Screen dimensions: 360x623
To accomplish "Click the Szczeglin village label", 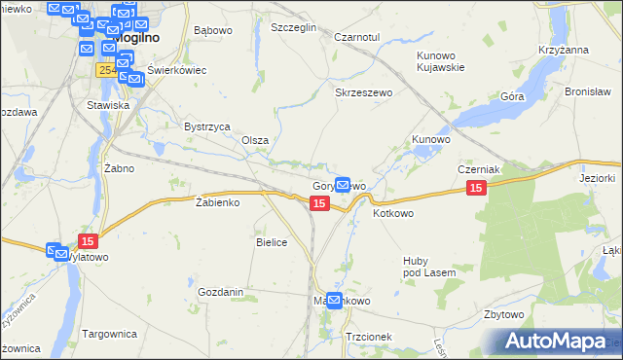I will [x=294, y=28].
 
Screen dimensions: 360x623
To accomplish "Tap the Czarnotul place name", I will [x=355, y=37].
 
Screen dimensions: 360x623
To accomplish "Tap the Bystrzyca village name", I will [x=206, y=126].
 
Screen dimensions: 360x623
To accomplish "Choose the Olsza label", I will [x=255, y=140].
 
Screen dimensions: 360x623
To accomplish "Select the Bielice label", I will [x=272, y=242].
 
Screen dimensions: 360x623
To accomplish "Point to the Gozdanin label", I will [x=220, y=292].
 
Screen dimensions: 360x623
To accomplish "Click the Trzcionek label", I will [x=369, y=337].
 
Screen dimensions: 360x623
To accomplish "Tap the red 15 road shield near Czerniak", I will [x=476, y=188].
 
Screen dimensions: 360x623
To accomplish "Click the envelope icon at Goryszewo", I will [x=343, y=183].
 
